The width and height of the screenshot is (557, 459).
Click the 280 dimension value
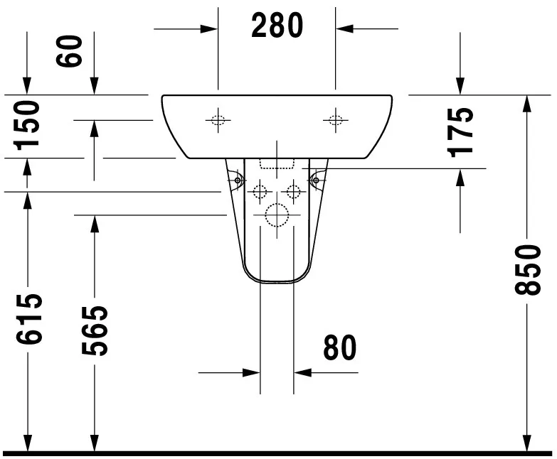(277, 26)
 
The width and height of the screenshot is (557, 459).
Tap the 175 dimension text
(462, 131)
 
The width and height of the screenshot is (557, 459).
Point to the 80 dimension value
(339, 347)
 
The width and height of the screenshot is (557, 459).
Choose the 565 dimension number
(94, 330)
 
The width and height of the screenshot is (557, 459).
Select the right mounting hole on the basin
(335, 120)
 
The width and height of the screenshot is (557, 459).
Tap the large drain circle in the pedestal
(276, 215)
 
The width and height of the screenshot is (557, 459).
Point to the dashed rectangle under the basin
(277, 164)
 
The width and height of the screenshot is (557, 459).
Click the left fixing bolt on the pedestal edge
(235, 181)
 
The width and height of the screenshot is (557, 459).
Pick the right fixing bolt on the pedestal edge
(316, 181)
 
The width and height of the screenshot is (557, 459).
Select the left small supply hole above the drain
(260, 190)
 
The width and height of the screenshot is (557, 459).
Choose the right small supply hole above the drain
(293, 190)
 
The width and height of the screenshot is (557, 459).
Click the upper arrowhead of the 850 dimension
(527, 103)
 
